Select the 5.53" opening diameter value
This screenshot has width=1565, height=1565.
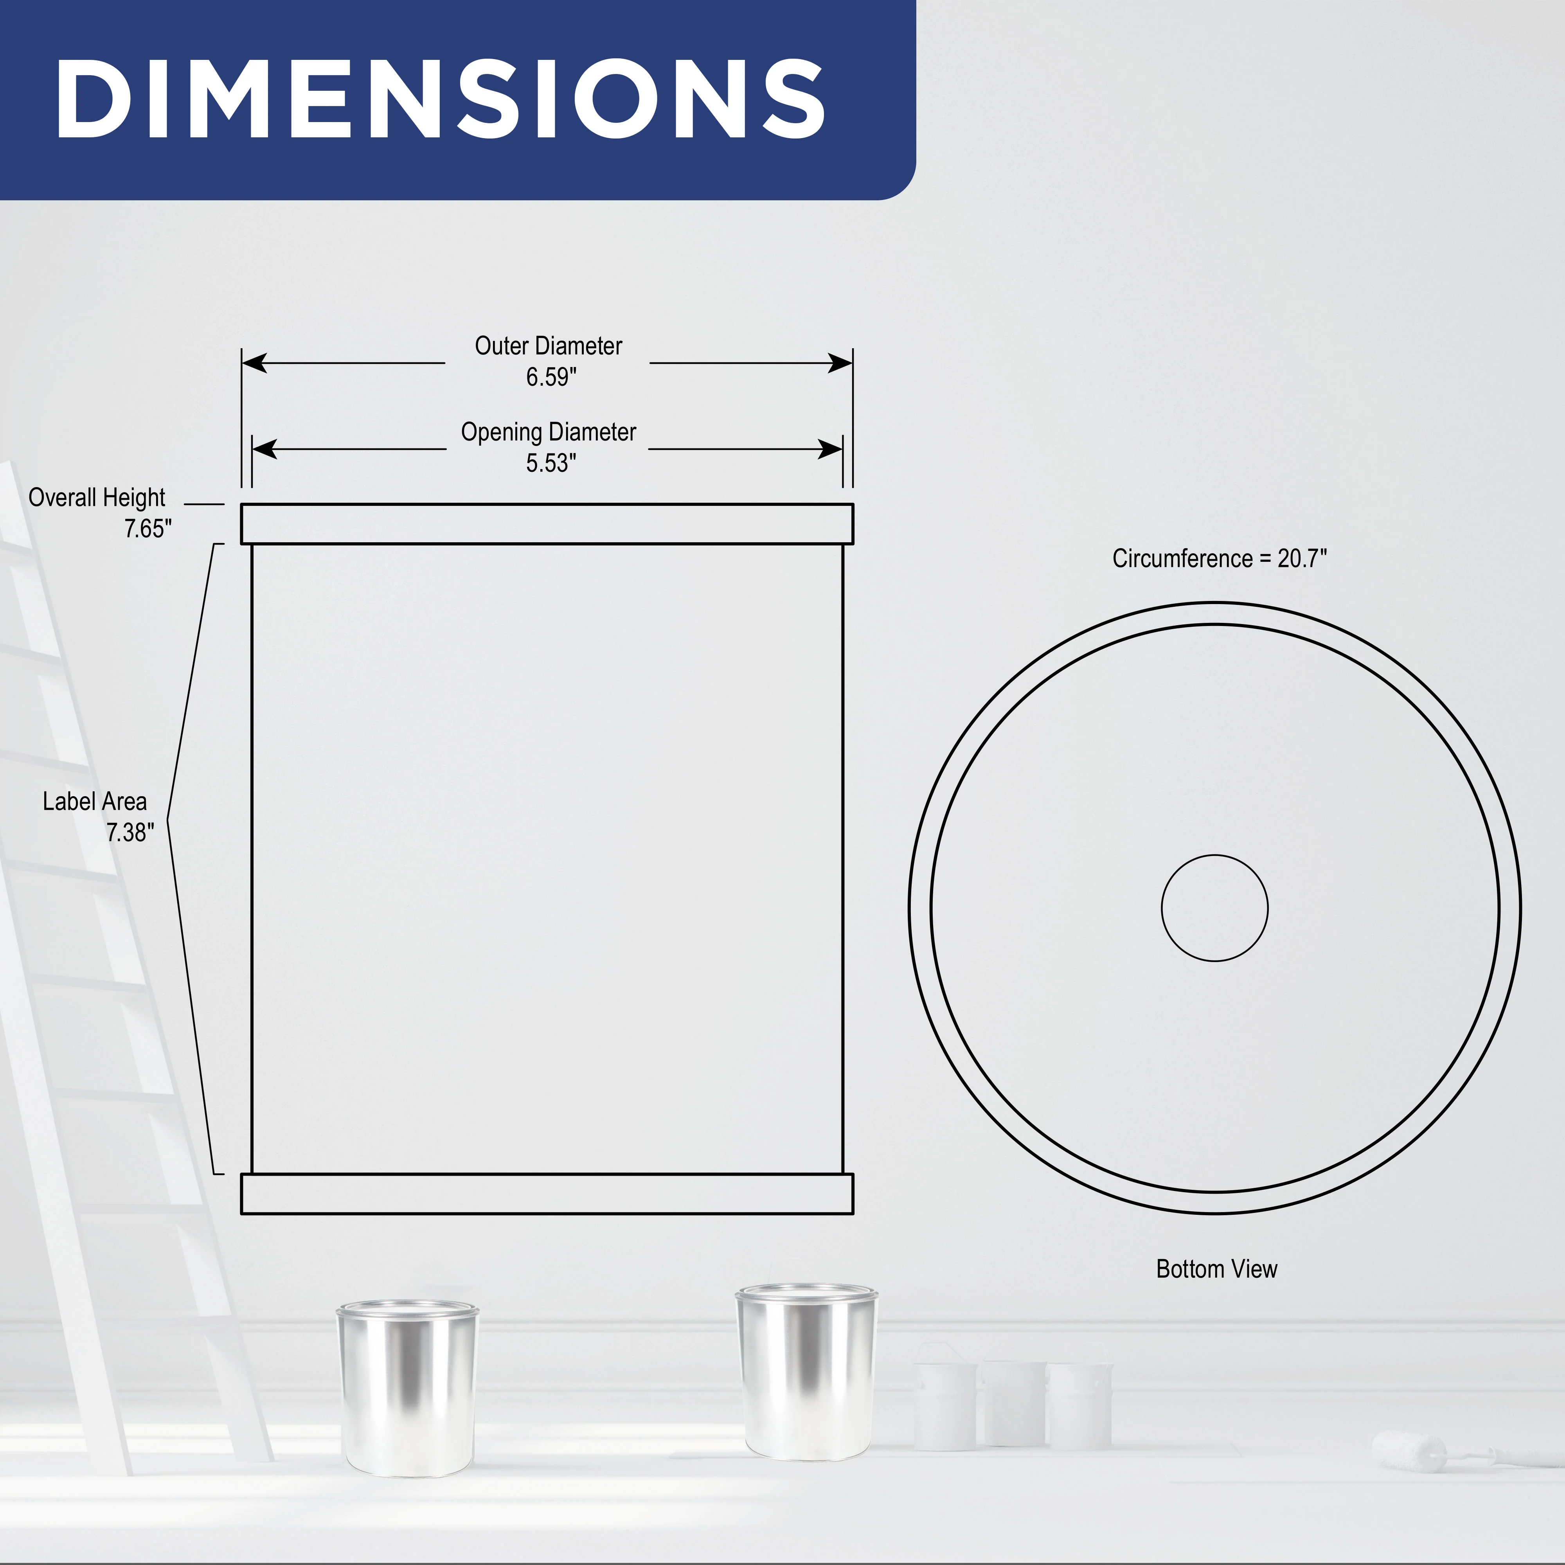click(x=551, y=463)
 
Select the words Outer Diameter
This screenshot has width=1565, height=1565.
click(x=549, y=346)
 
